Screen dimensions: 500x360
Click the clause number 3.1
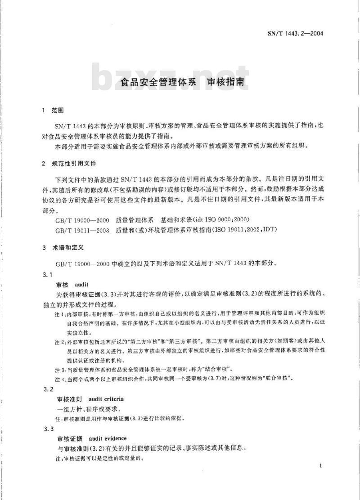pyautogui.click(x=47, y=274)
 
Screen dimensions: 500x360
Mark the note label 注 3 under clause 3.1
pyautogui.click(x=59, y=369)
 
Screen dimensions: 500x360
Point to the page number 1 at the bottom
pyautogui.click(x=319, y=466)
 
